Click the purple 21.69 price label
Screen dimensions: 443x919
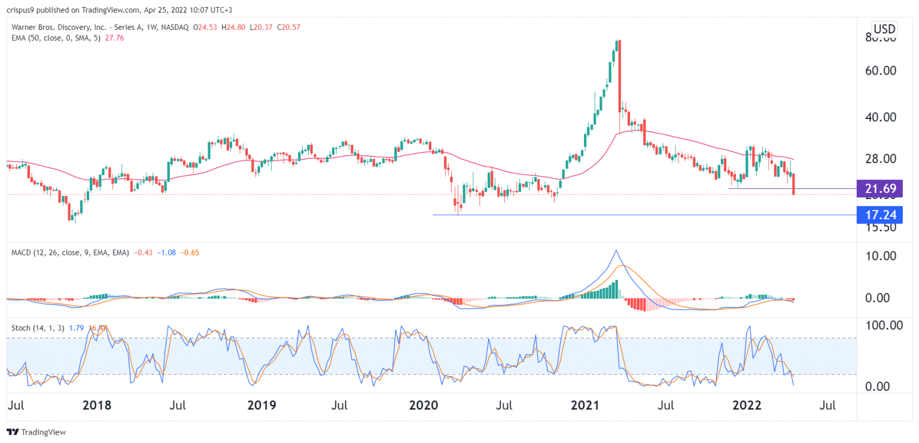pos(879,189)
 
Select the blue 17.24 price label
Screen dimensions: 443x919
pos(879,215)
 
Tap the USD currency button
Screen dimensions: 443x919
pos(884,29)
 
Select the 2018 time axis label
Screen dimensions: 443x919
pos(96,405)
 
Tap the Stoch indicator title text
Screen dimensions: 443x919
pos(20,328)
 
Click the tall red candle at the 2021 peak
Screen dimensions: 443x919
pos(619,75)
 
